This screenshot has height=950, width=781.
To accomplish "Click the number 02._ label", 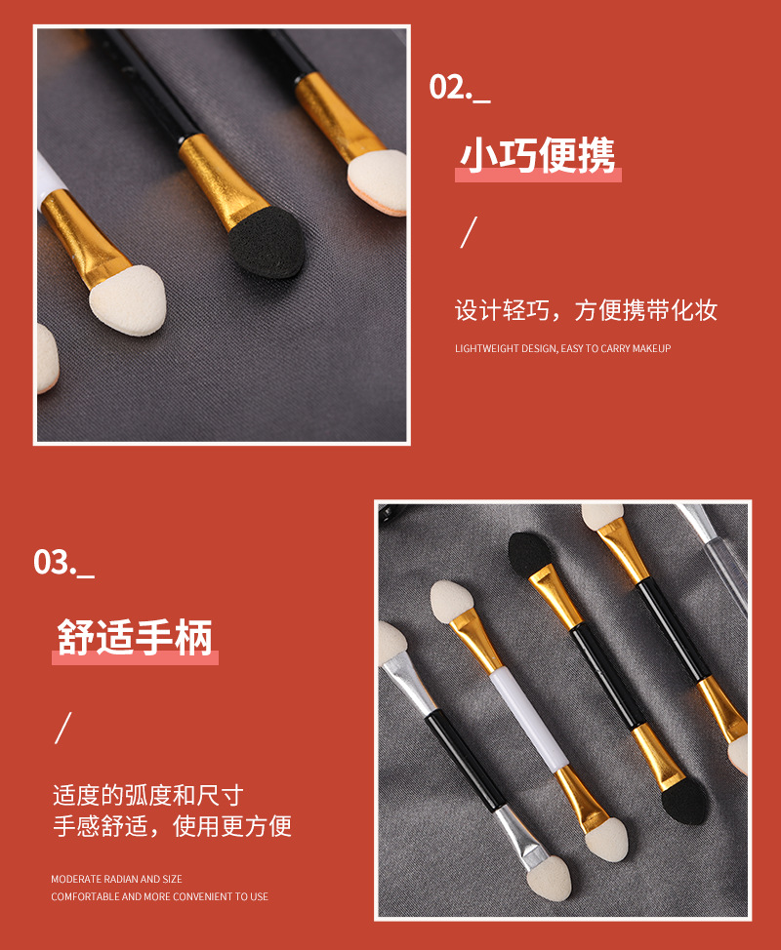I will pos(459,87).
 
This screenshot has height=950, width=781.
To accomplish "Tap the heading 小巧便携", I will pos(538,156).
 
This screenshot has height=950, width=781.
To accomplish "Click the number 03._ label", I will pos(63,563).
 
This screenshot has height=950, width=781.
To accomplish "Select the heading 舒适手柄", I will pos(134,640).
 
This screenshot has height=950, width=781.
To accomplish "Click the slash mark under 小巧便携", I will pos(469,233).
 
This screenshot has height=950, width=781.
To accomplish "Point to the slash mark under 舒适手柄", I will pos(63,728).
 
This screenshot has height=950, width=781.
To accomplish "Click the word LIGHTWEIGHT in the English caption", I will pos(487,348).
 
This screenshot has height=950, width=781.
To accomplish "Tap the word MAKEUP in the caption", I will pos(651,348).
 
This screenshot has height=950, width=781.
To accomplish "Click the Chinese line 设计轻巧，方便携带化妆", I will pos(586,311).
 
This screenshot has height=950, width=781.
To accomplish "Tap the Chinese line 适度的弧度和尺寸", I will pos(147,795).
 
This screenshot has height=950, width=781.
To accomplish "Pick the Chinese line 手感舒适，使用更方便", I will pos(172,827).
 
